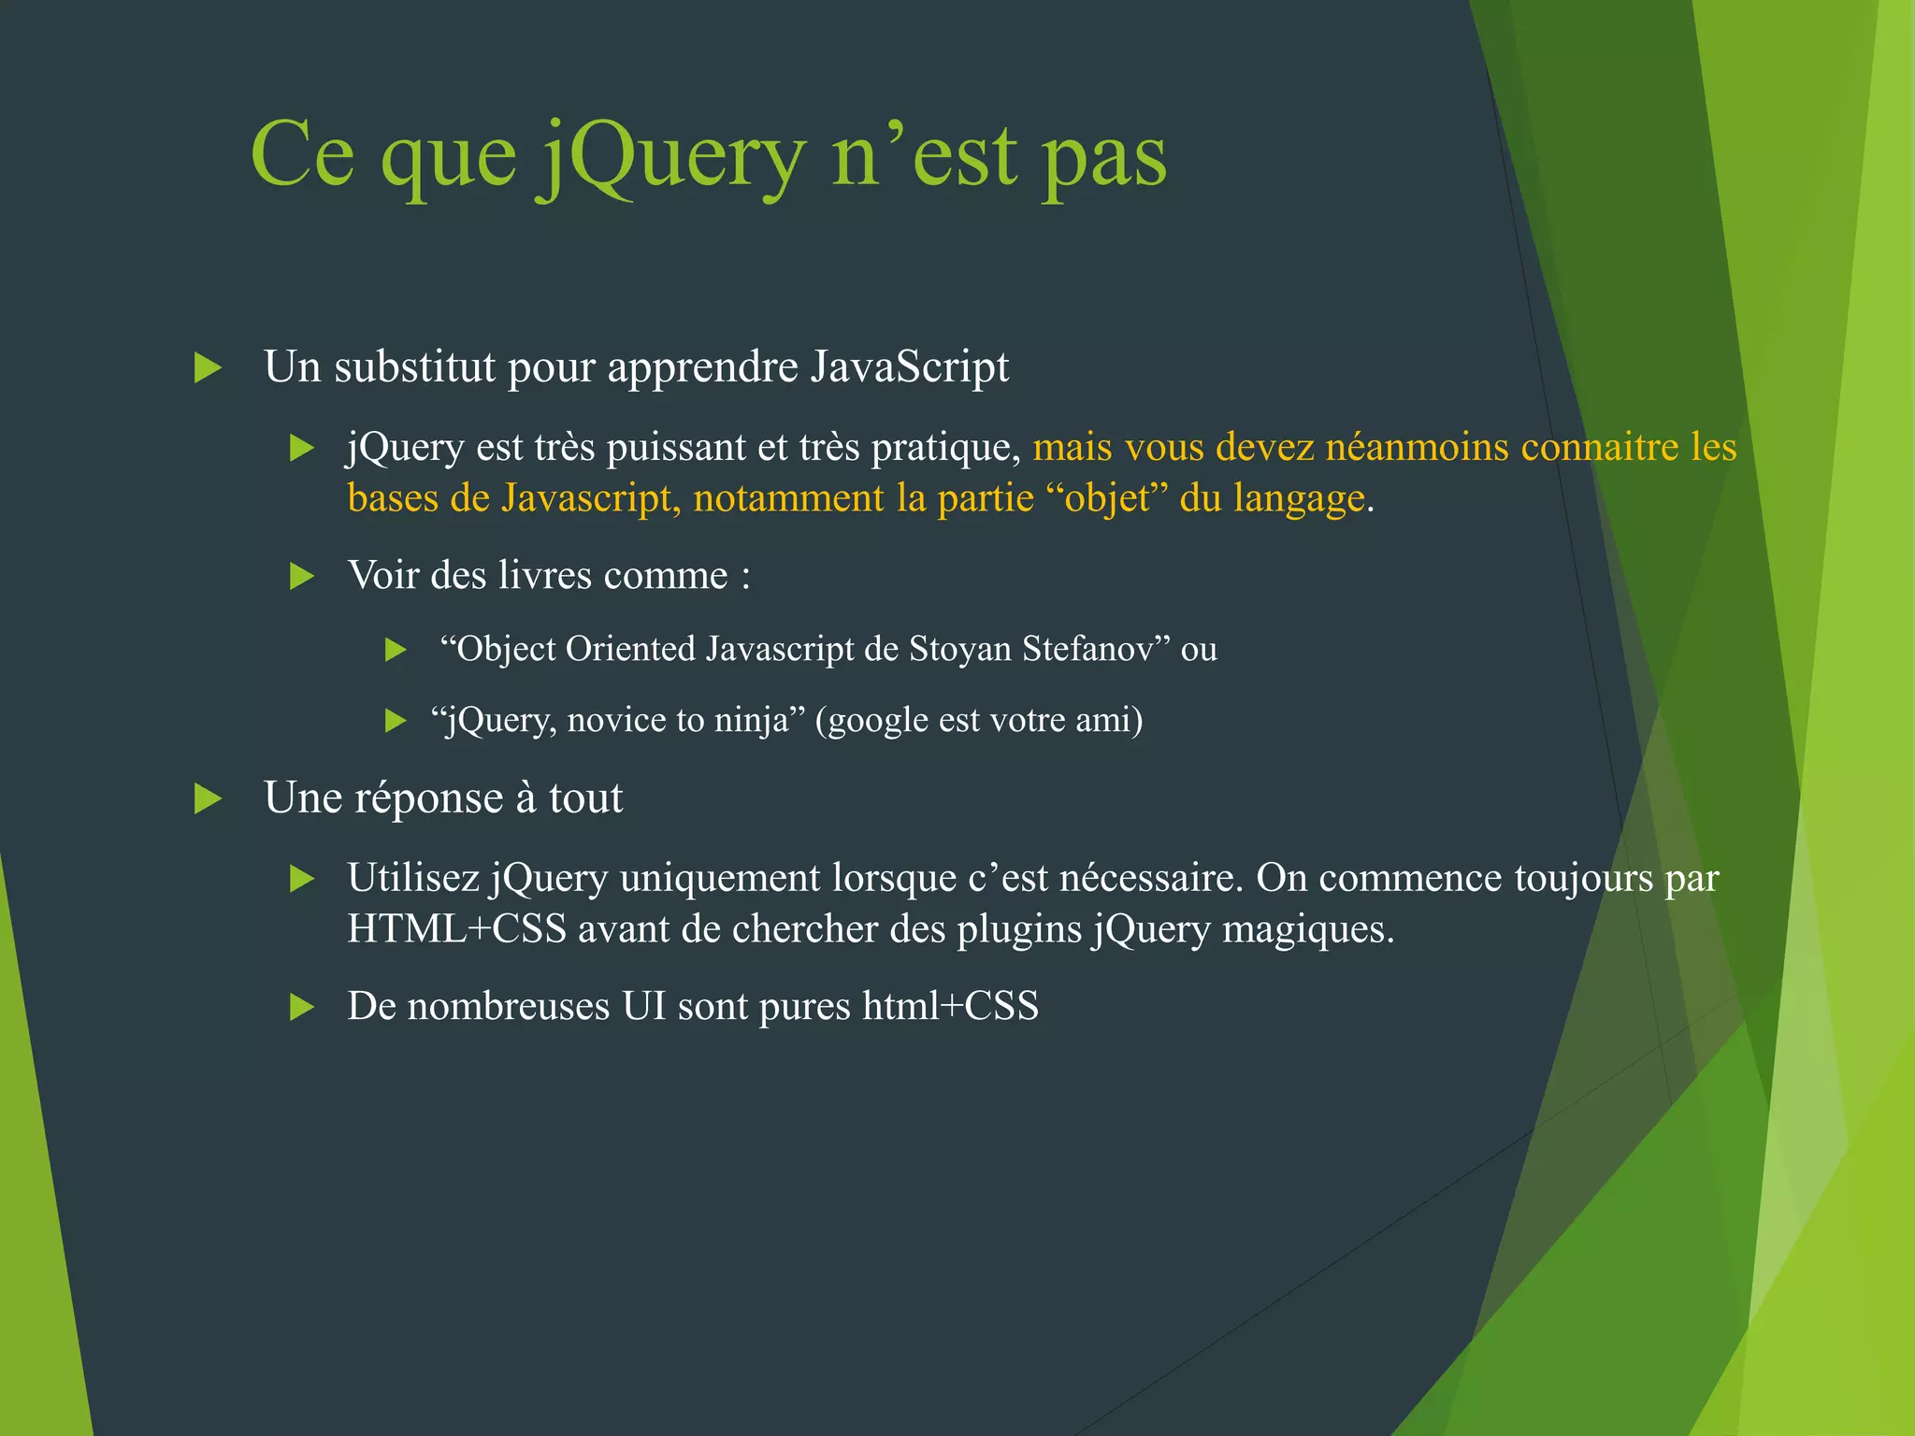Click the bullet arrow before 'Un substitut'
(207, 367)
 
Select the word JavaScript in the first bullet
(910, 366)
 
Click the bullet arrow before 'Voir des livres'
(301, 576)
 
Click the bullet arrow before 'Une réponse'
(207, 798)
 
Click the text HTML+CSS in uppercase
(456, 929)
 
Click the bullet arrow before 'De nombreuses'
(301, 1007)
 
